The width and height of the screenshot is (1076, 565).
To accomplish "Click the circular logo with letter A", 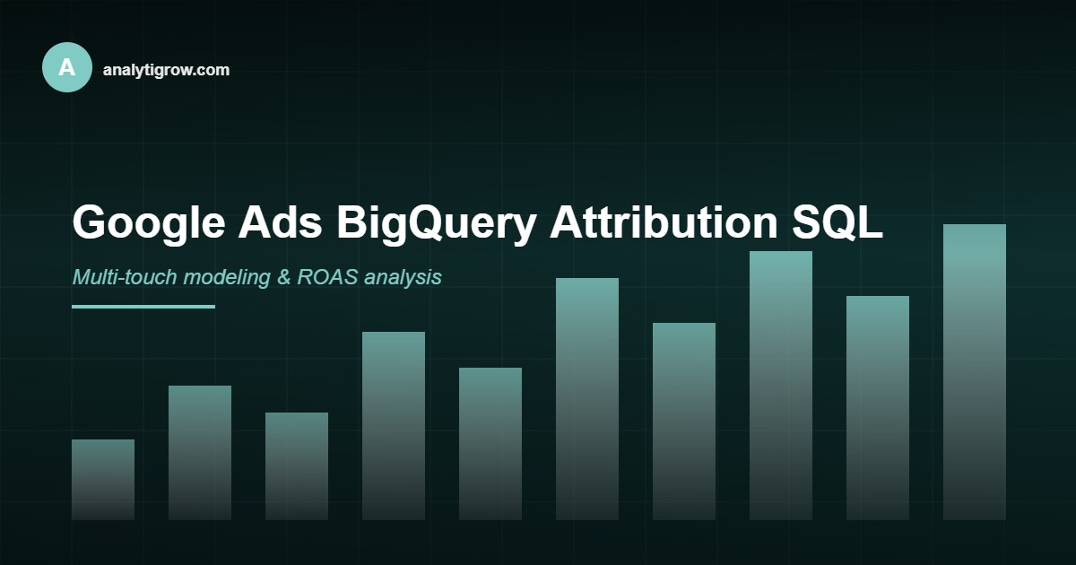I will click(x=67, y=67).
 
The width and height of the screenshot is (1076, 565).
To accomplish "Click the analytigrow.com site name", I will click(x=166, y=70).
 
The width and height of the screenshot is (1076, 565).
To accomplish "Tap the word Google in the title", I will click(x=148, y=222).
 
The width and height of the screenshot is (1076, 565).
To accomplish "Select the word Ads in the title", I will click(x=280, y=222).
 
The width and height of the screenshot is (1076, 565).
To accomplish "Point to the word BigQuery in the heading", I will click(x=436, y=222).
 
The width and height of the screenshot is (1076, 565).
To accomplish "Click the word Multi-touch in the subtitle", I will click(x=125, y=277).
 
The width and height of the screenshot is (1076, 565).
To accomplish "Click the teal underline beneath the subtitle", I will click(x=143, y=307).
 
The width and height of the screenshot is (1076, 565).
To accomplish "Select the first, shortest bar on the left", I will click(x=103, y=480).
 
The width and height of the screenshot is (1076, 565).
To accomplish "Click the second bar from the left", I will click(x=200, y=453).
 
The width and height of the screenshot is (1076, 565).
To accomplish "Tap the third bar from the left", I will click(x=297, y=466).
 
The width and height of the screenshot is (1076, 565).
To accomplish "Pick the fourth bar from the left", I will click(x=394, y=426).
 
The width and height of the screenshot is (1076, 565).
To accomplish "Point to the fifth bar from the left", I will click(x=490, y=444).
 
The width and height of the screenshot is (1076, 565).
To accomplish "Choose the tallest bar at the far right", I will click(x=975, y=372).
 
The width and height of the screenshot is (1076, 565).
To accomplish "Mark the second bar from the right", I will click(x=878, y=408).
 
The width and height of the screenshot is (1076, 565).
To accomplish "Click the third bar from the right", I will click(x=781, y=386).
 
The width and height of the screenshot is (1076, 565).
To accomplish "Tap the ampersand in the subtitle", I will click(x=284, y=277).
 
